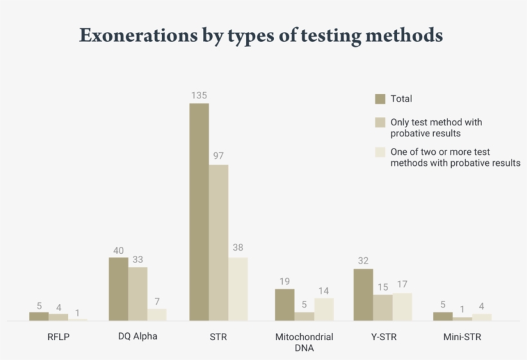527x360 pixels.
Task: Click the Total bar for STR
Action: tap(199, 212)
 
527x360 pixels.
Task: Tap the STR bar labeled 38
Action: tap(238, 289)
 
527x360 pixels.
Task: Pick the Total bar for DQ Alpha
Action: tap(118, 289)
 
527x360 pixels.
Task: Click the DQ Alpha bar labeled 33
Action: tap(138, 294)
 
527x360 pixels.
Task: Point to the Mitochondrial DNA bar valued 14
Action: tap(324, 309)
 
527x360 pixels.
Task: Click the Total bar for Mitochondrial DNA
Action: tap(285, 305)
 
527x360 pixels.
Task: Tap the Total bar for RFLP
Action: tap(39, 316)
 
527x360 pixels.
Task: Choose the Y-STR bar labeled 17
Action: tap(402, 307)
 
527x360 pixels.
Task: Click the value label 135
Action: tap(199, 95)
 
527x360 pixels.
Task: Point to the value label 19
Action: tap(285, 281)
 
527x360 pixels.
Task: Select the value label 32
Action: tap(363, 261)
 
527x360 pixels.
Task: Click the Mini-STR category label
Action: tap(462, 336)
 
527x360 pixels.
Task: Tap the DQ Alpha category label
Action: tap(138, 336)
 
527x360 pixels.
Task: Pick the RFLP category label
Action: tap(58, 336)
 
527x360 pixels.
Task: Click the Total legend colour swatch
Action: tap(380, 99)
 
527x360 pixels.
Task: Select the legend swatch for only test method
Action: tap(380, 122)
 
